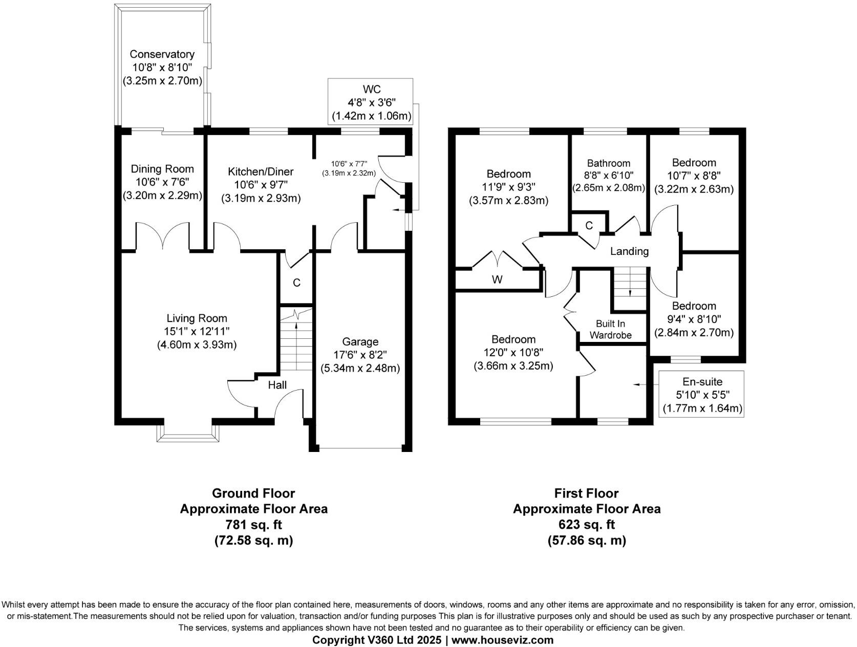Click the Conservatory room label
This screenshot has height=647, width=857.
point(162,54)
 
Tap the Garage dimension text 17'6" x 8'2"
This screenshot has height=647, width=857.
point(360,355)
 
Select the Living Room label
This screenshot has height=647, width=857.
point(197,318)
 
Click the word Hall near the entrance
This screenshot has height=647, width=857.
point(277,385)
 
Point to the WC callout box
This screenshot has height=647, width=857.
point(371,102)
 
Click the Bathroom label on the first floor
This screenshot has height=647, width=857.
point(608,163)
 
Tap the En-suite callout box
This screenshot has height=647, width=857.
point(701,394)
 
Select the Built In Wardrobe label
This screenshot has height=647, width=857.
point(610,329)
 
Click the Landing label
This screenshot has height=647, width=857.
point(629,251)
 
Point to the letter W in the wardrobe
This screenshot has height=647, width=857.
point(497,279)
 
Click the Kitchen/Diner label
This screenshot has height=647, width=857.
point(261,171)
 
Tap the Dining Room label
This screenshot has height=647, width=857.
point(162,169)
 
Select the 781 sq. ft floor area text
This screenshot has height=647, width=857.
point(253,525)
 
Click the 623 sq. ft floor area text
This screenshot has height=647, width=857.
point(587,525)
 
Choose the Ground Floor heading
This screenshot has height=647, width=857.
point(253,493)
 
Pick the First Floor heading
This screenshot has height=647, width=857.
point(587,493)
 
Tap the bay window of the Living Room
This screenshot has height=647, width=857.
point(188,433)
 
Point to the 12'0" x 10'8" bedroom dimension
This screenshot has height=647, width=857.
point(513,353)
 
